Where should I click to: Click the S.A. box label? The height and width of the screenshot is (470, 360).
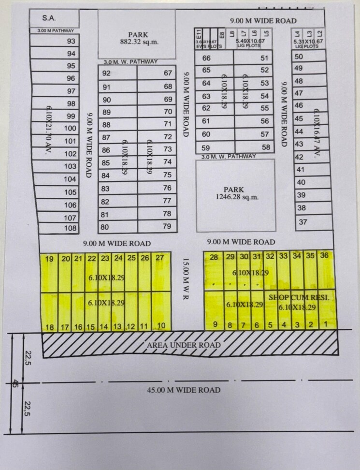coord(49,18)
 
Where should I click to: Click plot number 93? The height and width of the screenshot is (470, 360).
coord(72,42)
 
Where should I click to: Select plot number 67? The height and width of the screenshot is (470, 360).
coord(168,73)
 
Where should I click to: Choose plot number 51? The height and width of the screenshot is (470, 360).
coord(264,59)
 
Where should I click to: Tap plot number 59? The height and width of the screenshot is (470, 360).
coord(206,148)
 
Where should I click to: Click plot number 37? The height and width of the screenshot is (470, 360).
coord(303,222)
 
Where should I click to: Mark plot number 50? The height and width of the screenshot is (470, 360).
coord(299,57)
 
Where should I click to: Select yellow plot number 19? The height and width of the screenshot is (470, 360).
coord(49,259)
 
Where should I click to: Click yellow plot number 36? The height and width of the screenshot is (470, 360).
coord(324,255)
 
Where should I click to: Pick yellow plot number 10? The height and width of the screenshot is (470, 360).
coord(161,325)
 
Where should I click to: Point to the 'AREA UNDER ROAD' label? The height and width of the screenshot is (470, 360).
coord(184,345)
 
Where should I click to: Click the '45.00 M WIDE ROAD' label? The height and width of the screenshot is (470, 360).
coord(184,390)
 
